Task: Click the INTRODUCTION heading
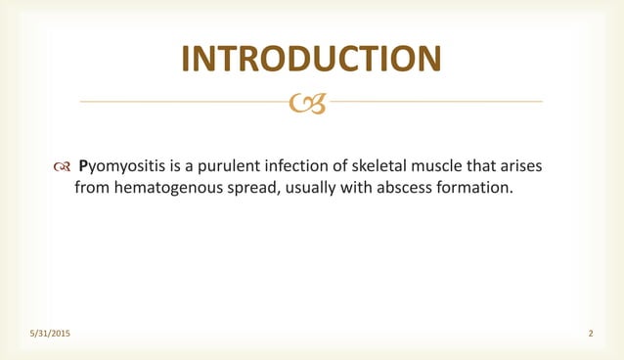pos(311,59)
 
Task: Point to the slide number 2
pos(591,335)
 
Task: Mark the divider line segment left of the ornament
pos(186,101)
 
